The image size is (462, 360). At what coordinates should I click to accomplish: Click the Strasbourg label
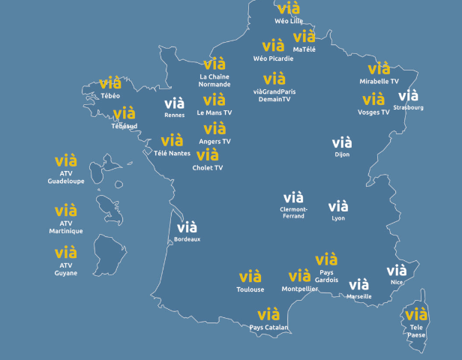[408, 107]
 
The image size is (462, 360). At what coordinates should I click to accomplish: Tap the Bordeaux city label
[187, 239]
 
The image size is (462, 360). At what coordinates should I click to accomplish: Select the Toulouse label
[250, 289]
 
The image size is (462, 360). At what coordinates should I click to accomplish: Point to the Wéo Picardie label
[273, 58]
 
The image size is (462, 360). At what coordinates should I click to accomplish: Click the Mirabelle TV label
[379, 80]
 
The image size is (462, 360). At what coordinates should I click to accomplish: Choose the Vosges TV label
[373, 112]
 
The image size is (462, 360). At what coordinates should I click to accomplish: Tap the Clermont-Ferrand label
[292, 212]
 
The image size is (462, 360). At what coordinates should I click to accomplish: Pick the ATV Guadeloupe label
[66, 177]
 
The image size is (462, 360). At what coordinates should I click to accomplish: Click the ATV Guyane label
[66, 269]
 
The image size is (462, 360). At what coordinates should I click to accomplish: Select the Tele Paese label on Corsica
[416, 331]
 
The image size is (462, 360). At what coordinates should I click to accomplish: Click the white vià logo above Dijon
[342, 142]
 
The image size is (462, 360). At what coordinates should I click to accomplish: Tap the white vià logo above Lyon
[338, 206]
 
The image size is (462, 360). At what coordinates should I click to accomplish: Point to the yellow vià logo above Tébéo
[110, 83]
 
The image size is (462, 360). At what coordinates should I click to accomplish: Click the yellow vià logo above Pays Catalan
[268, 314]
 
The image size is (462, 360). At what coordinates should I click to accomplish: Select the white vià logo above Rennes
[174, 103]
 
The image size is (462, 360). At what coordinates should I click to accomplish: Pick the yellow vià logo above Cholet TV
[208, 155]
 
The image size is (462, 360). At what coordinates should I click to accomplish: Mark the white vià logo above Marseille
[359, 284]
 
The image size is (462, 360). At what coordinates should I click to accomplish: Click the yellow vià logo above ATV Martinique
[66, 210]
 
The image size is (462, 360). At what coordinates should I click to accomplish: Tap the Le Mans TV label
[214, 112]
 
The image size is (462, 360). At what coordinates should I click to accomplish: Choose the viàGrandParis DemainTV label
[274, 95]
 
